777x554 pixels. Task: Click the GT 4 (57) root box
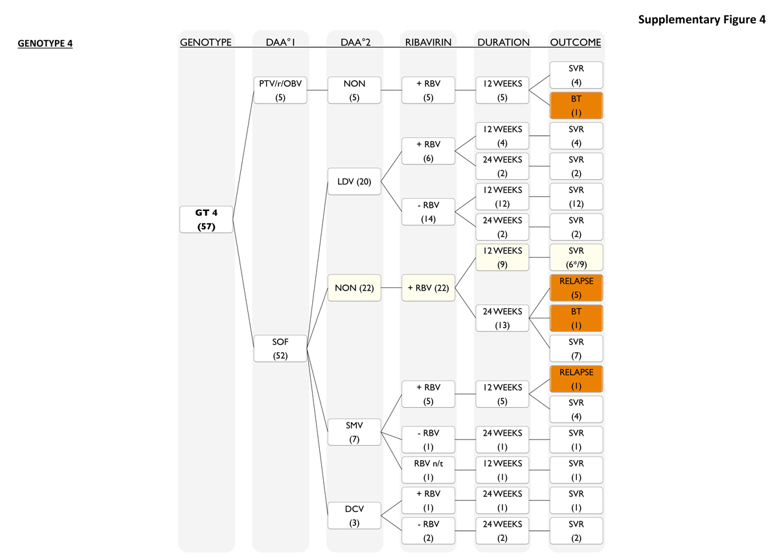(x=206, y=219)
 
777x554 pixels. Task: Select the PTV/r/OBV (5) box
(x=280, y=91)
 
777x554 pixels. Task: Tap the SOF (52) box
(x=280, y=348)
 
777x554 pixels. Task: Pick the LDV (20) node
(x=354, y=181)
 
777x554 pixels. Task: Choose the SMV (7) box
(x=354, y=432)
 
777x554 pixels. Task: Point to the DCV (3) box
(x=354, y=515)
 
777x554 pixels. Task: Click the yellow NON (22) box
(x=354, y=287)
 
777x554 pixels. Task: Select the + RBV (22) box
(x=428, y=287)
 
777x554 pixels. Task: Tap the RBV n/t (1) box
(x=428, y=470)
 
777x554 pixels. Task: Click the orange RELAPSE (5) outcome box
(x=576, y=287)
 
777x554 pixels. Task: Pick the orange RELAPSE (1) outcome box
(x=576, y=379)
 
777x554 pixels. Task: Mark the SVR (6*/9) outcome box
(x=576, y=257)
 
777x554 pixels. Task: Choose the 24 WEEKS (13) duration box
(x=502, y=318)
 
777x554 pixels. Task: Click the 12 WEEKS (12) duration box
(x=502, y=196)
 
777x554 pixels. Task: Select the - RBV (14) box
(x=428, y=212)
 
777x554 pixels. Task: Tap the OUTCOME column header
(x=576, y=43)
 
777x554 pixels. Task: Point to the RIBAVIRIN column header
(x=428, y=43)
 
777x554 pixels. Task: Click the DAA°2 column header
(x=354, y=43)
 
